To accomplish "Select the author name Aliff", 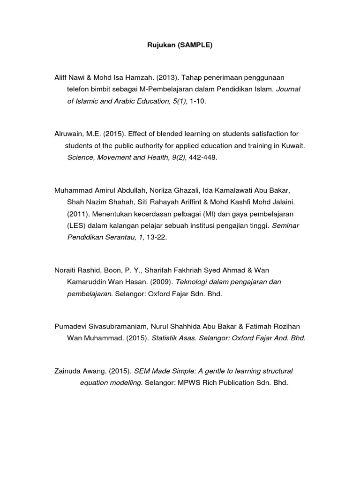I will coord(63,77).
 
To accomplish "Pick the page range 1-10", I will coord(197,101).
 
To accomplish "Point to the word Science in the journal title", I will coord(81,158).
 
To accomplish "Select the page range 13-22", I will coord(157,238).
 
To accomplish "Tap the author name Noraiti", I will coord(67,270).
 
